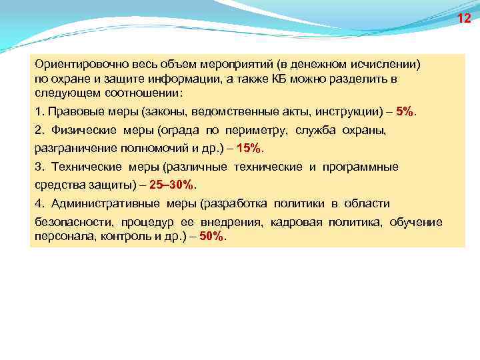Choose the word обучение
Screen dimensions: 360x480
click(x=417, y=221)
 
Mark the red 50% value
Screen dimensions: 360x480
click(x=213, y=237)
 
